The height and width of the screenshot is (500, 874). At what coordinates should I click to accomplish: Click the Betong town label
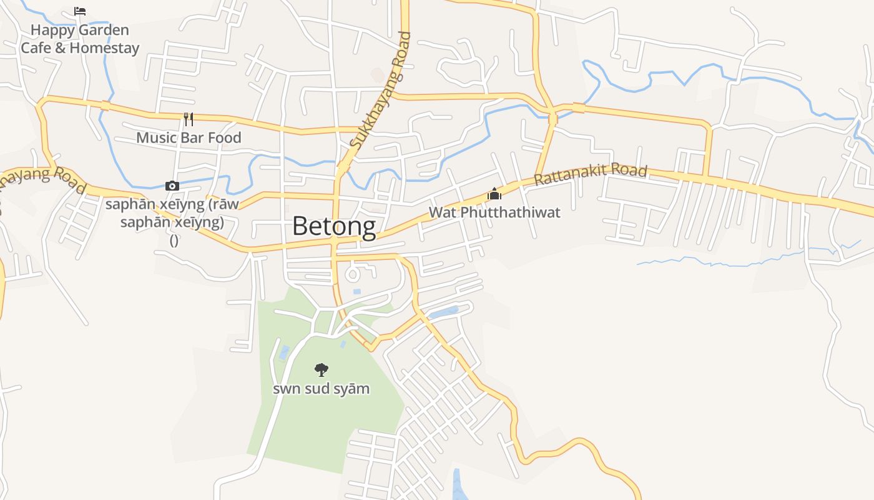point(334,226)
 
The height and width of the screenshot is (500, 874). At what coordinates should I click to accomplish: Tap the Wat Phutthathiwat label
point(494,212)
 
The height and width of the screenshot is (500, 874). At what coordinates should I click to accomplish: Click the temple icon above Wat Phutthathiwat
point(494,194)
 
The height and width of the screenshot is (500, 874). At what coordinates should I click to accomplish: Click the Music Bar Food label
point(189,137)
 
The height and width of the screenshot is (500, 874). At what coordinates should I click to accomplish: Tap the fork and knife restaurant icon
point(189,119)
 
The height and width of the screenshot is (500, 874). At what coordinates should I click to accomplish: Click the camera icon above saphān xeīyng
point(172,186)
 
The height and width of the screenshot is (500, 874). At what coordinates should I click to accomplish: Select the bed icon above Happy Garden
point(80,11)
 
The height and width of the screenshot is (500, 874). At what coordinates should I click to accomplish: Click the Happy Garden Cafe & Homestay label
point(80,39)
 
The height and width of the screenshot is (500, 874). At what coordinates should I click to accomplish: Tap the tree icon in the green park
point(322,369)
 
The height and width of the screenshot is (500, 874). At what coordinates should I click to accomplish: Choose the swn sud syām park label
point(322,389)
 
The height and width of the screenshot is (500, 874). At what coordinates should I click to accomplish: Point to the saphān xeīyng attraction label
point(172,213)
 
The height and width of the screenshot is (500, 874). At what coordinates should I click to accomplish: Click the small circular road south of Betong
point(353,274)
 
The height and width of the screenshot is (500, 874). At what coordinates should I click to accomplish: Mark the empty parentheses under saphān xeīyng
point(174,241)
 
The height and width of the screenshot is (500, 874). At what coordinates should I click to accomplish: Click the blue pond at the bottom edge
point(459,484)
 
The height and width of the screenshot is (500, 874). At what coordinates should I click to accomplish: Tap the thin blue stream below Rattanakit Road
point(718,262)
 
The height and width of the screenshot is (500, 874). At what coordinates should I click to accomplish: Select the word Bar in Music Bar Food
point(192,137)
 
